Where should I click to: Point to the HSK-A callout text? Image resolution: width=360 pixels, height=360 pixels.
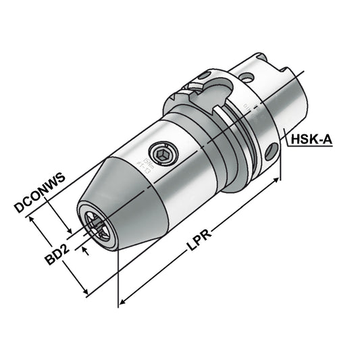313,140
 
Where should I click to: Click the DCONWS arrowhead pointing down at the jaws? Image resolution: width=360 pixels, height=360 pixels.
68,230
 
